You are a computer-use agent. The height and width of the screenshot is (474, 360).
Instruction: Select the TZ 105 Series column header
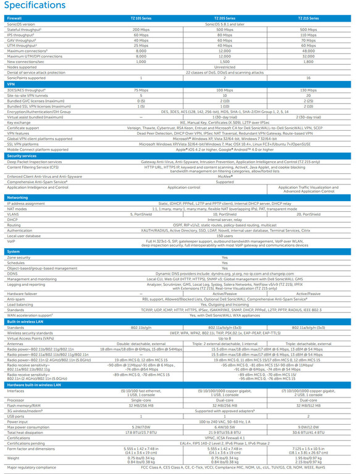141,19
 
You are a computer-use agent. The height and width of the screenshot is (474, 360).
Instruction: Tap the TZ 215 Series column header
308,19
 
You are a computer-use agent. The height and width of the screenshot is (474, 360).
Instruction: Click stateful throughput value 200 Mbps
141,29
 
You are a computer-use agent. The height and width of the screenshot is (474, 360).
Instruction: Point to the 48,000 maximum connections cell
308,51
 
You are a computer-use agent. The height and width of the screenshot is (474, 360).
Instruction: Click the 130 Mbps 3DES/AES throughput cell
308,89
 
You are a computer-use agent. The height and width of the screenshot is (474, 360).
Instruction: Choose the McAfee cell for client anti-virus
225,177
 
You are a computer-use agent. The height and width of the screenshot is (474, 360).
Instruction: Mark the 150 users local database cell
225,235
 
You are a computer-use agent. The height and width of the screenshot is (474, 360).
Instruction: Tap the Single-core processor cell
141,399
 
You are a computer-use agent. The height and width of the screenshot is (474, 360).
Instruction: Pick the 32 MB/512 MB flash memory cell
308,404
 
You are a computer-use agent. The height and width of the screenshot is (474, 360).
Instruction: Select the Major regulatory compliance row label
31,468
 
